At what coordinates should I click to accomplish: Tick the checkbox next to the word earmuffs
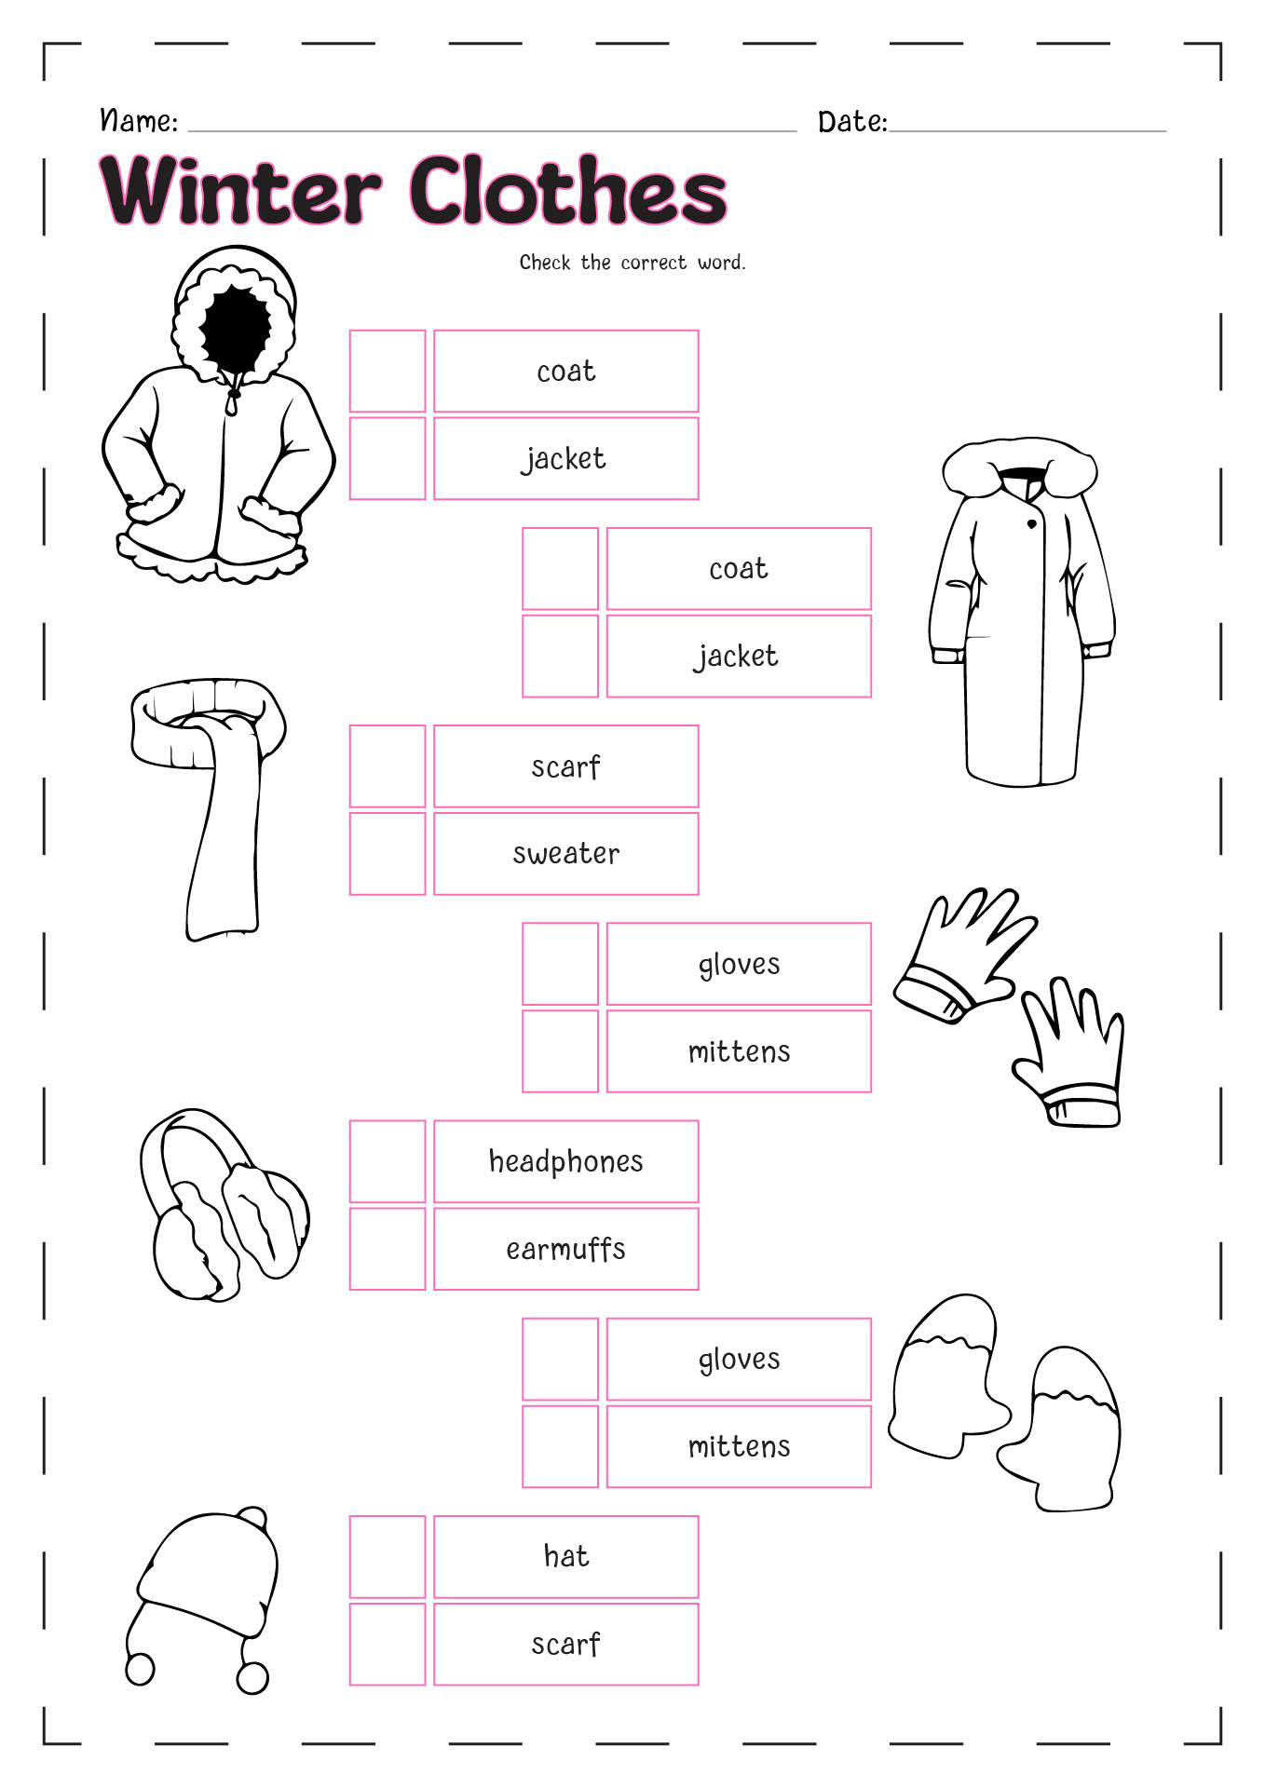388,1249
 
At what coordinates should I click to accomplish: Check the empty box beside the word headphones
388,1161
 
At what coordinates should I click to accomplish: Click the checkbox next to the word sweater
388,854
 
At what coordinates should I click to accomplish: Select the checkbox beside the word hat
388,1557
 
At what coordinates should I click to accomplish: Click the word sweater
566,854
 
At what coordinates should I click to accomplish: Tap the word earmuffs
566,1249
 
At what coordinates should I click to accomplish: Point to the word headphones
566,1162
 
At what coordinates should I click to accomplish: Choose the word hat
566,1556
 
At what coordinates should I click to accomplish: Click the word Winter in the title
241,190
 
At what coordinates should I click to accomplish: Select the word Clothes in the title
568,190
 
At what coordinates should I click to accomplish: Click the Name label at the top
139,121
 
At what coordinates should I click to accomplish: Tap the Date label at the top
852,122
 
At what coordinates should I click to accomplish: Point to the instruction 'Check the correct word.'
632,263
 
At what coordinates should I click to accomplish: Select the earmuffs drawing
224,1205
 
